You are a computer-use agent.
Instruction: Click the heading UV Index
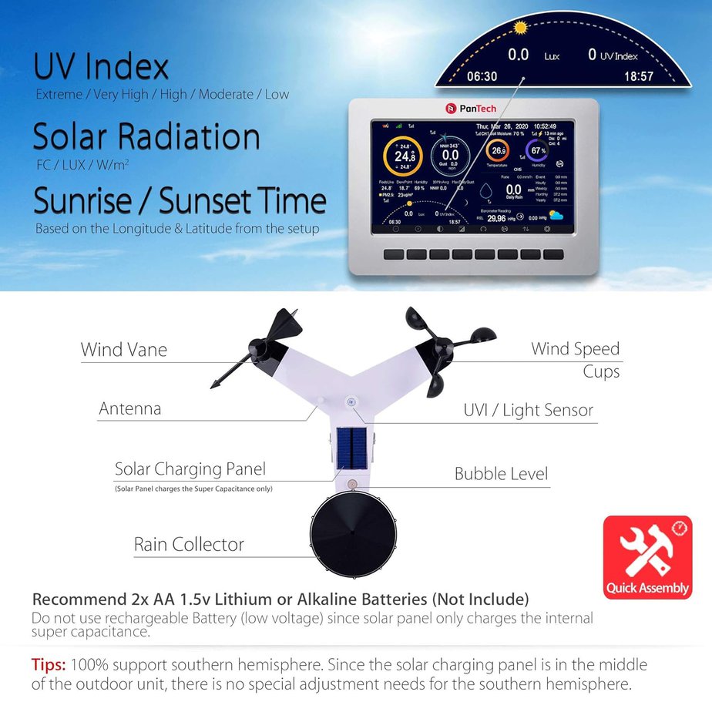pos(100,67)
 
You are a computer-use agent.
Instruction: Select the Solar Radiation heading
pos(146,137)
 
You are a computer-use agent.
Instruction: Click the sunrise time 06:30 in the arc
pos(482,76)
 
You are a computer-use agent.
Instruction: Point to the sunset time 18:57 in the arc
pos(639,76)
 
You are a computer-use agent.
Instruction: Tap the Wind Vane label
pos(123,350)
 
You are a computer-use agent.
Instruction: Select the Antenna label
pos(129,408)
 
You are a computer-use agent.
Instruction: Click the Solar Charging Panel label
pos(190,469)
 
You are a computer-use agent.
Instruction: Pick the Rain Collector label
pos(189,544)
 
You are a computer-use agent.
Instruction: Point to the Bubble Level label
pos(501,473)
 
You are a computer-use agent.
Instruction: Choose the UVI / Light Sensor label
pos(528,410)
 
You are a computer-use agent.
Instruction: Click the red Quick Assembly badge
pos(647,558)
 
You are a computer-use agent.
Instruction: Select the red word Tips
pos(49,665)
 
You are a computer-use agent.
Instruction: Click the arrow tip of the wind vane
pos(215,383)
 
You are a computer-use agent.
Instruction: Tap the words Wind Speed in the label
pos(575,349)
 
